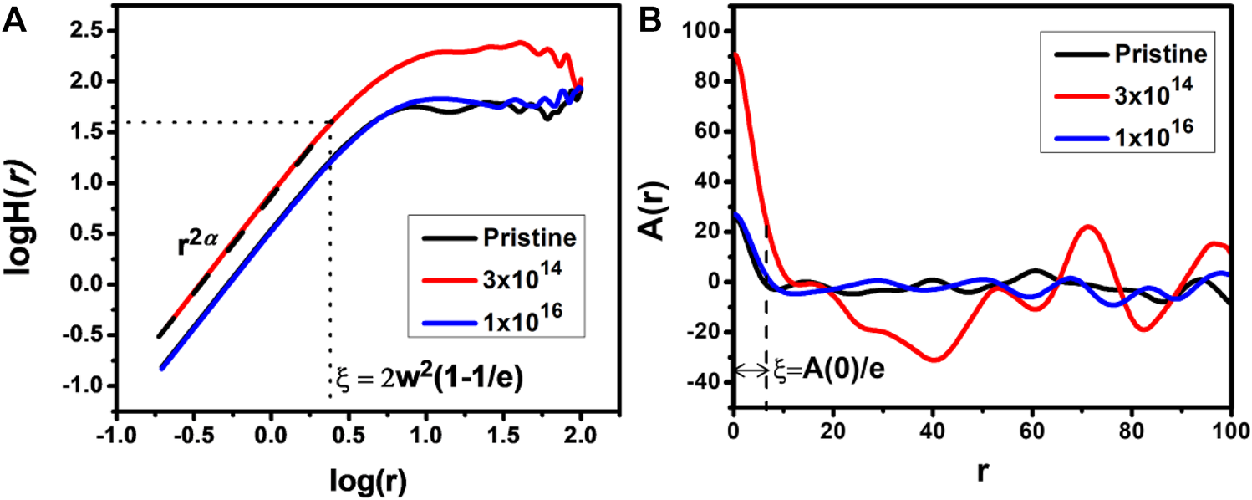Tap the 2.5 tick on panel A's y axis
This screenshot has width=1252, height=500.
[x=86, y=32]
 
